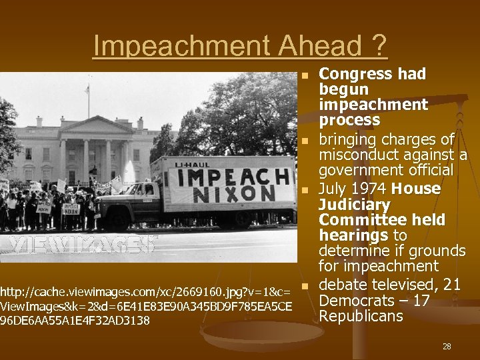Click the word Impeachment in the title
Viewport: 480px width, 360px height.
tap(183, 46)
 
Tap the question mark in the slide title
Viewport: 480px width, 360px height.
tap(378, 46)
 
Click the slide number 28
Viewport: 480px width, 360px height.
tap(446, 347)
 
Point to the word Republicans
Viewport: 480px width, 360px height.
tap(361, 316)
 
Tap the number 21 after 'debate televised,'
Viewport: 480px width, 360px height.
tap(452, 285)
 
